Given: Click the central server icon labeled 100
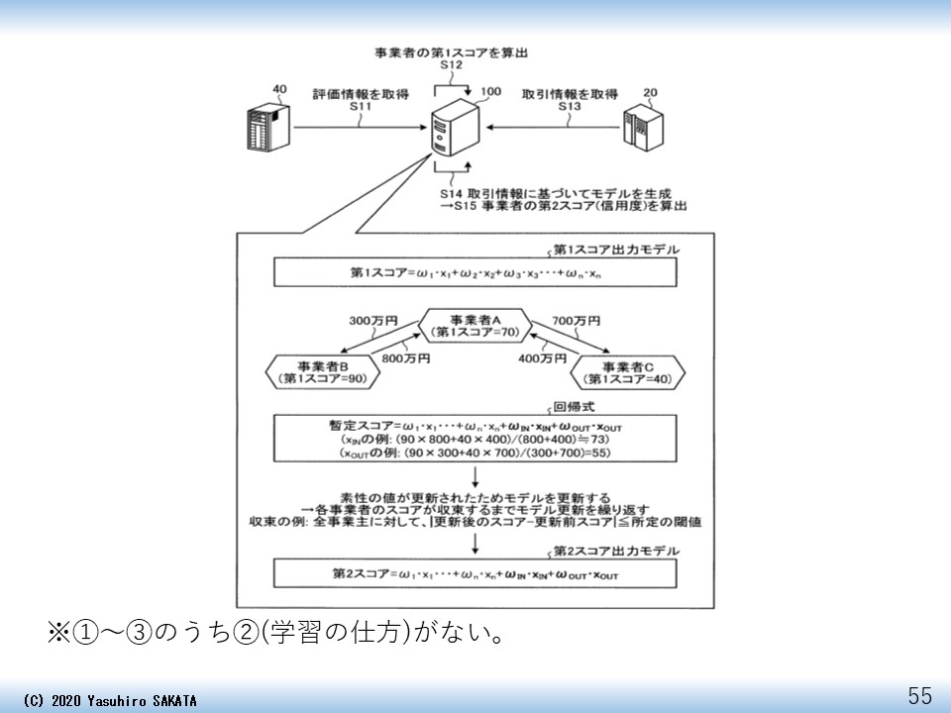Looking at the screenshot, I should coord(457,129).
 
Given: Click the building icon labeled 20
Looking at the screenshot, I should coord(642,130).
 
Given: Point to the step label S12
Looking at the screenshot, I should coord(452,65).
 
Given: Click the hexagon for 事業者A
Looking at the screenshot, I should coord(475,326).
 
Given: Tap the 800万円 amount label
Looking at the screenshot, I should coord(404,357).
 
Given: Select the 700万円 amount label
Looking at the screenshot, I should coord(576,322).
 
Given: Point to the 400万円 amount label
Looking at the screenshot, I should coord(541,357).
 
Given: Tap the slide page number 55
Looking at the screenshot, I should coord(920,695).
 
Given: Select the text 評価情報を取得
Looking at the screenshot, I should coord(361,94).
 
